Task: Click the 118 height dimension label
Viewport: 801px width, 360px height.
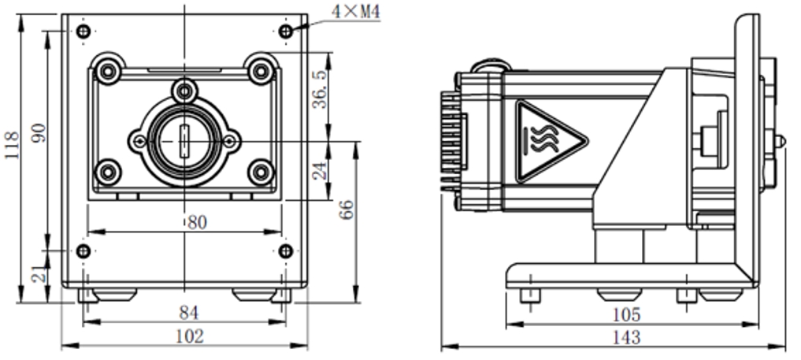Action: tap(12, 146)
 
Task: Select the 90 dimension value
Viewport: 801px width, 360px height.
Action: tap(37, 132)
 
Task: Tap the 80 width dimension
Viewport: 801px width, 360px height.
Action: tap(196, 223)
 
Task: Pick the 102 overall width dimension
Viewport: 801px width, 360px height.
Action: tap(188, 336)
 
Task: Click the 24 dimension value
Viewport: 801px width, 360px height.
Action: tap(319, 171)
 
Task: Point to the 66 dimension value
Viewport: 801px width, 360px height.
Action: tap(347, 209)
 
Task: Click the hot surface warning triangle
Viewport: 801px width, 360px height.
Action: tap(548, 139)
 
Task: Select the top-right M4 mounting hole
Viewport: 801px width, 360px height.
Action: tap(286, 31)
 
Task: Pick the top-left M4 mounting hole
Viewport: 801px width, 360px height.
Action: tap(83, 32)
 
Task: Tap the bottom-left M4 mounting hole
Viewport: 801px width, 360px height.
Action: tap(83, 251)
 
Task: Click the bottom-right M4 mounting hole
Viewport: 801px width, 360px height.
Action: tap(286, 251)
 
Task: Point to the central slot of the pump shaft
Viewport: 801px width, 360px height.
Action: tap(184, 141)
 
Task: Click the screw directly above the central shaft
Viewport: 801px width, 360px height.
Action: tap(184, 91)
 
